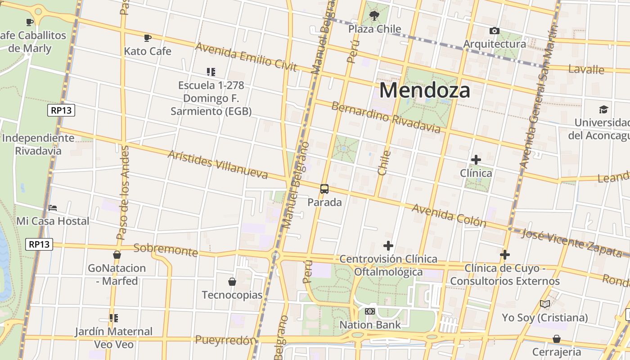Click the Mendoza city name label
424,90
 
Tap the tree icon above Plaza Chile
374,16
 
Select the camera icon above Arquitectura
494,31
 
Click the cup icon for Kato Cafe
147,38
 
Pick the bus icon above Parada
324,189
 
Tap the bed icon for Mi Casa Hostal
53,208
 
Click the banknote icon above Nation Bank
370,311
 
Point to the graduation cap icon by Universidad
603,109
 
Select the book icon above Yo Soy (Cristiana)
545,304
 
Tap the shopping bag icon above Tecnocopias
232,282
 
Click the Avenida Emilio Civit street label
246,57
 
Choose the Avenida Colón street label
449,216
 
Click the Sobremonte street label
166,250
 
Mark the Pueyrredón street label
225,340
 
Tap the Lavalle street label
586,69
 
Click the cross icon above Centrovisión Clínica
388,246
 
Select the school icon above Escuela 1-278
211,72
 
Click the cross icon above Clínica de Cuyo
505,255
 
